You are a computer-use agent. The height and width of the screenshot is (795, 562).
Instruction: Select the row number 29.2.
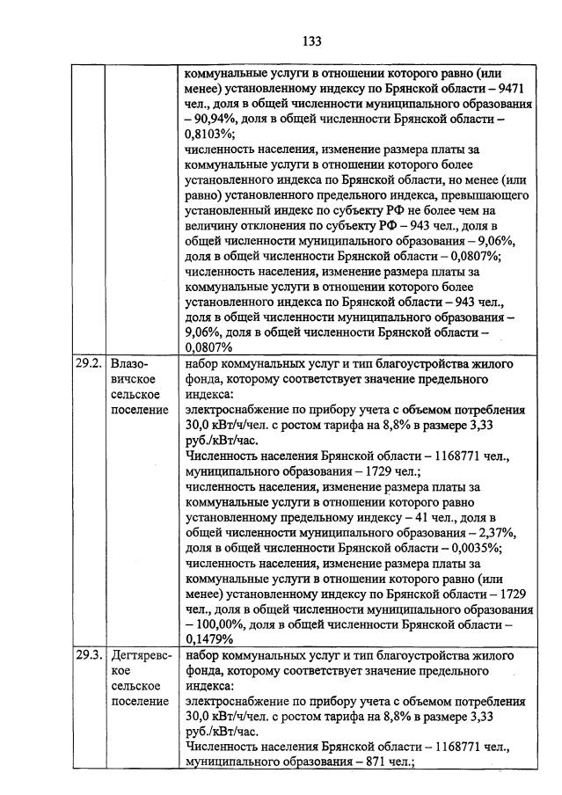click(x=88, y=363)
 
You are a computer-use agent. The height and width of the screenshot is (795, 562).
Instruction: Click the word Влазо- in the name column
click(x=130, y=363)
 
